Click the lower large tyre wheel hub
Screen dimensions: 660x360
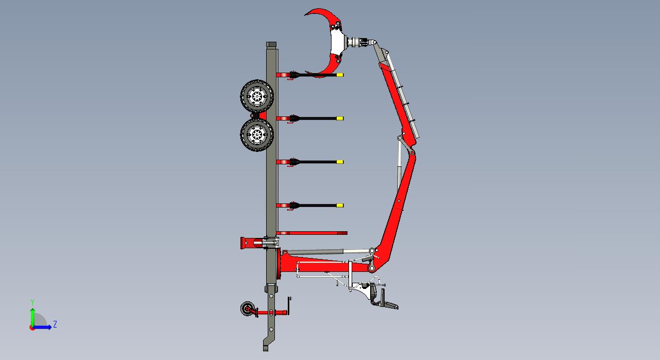[257, 135]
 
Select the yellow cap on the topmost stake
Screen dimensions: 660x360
[340, 75]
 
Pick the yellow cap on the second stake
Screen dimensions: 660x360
[340, 118]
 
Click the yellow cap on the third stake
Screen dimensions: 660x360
[340, 162]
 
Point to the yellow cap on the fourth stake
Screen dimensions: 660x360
[340, 205]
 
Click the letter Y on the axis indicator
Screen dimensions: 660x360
[32, 302]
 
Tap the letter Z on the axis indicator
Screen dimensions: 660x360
[55, 324]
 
